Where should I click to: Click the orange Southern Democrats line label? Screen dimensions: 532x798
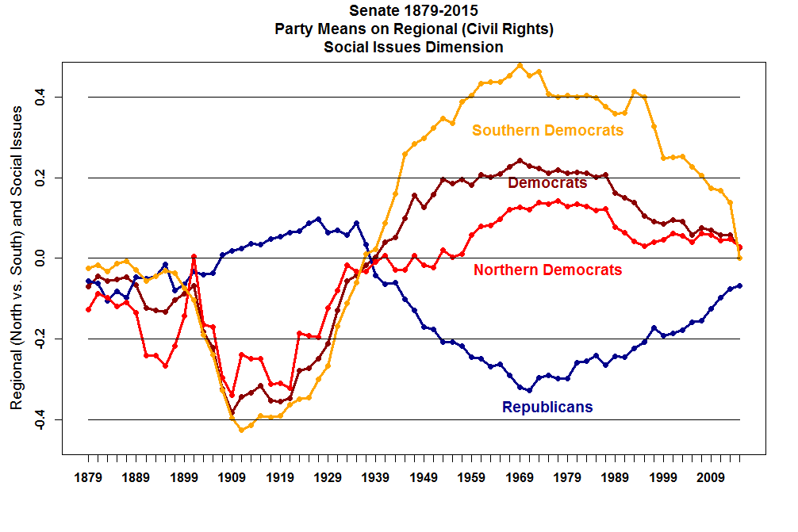[547, 131]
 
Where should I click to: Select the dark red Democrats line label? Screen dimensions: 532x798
[547, 183]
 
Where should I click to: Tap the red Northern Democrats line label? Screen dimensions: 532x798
[547, 270]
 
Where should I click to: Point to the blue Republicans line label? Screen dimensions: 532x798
[547, 408]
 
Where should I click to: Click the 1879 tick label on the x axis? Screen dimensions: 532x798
[88, 478]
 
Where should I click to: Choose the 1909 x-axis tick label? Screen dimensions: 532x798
[232, 478]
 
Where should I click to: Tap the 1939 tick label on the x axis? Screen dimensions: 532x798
[375, 478]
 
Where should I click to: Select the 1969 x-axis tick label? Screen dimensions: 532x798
[520, 478]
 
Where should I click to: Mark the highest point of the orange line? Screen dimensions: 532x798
[520, 65]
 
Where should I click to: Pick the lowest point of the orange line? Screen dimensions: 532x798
[242, 430]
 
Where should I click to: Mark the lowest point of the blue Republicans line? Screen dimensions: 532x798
[529, 390]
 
